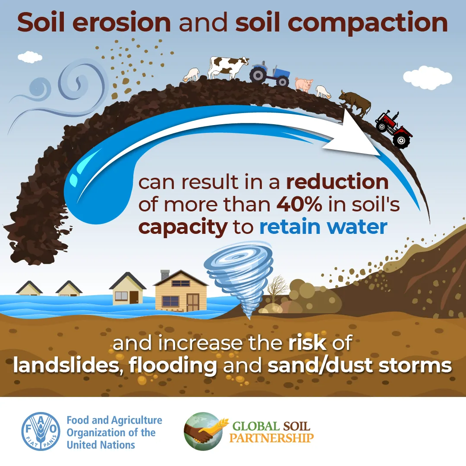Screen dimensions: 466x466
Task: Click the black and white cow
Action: [227, 67]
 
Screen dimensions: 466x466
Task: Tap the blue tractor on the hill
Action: [270, 73]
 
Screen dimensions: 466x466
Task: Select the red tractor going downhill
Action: [393, 129]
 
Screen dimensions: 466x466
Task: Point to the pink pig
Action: [304, 84]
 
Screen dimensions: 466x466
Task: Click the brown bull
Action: [356, 103]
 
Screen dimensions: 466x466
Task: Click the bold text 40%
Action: [299, 205]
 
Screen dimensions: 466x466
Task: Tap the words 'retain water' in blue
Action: [323, 227]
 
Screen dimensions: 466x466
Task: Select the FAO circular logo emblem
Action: [41, 431]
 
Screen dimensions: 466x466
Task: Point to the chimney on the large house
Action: [165, 275]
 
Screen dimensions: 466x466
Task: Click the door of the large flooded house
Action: [192, 302]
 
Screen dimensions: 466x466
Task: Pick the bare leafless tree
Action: [277, 288]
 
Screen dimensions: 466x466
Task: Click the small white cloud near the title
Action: [30, 57]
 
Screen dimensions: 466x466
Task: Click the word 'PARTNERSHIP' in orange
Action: [271, 438]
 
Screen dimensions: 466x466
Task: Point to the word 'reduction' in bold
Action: [337, 182]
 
